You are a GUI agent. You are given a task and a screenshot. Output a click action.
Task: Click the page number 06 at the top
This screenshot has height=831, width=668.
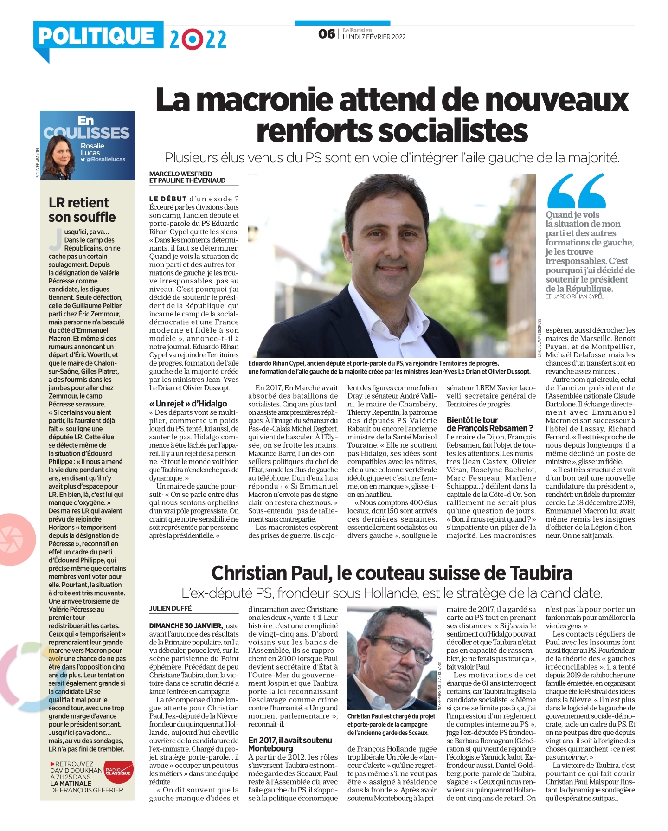point(327,34)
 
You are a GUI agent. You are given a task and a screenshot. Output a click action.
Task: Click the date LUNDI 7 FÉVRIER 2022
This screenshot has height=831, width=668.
point(374,37)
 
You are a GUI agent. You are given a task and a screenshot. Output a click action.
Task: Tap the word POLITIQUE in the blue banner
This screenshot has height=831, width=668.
point(96,36)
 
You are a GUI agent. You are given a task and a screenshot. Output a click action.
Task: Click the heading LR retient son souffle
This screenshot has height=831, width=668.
point(82,210)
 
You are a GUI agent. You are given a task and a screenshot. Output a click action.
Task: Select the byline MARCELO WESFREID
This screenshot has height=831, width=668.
point(180,174)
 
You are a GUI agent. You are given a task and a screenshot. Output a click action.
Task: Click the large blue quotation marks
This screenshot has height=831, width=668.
point(576,191)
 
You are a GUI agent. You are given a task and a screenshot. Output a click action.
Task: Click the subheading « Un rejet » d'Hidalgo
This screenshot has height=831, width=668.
point(188,404)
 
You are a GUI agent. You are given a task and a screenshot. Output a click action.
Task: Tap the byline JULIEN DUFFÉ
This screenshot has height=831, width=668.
point(170,608)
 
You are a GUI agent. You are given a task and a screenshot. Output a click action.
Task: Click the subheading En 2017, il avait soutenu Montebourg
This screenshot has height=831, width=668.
point(290,744)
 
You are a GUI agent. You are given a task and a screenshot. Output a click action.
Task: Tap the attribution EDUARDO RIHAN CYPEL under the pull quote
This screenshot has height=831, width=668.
point(574,296)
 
